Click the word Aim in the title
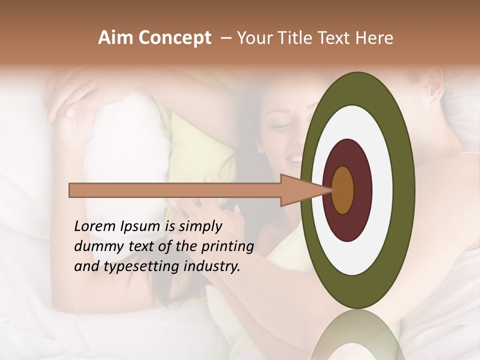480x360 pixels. [x=115, y=38]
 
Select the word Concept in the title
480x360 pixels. [x=174, y=38]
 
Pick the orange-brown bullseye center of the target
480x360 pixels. [x=343, y=190]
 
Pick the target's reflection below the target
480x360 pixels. [x=358, y=335]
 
